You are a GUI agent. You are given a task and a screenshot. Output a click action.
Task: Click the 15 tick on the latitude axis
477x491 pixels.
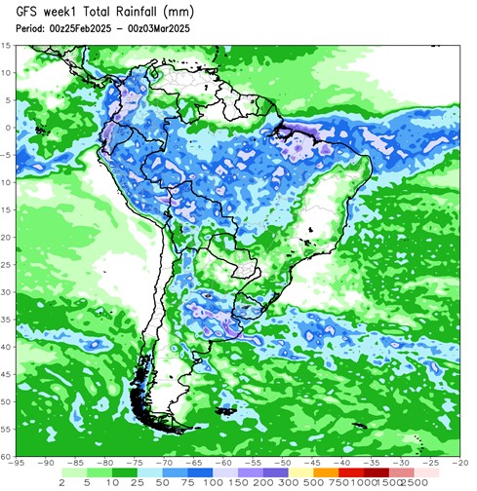[x=7, y=46]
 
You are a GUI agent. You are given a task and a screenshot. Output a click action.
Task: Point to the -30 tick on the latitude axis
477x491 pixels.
[x=6, y=291]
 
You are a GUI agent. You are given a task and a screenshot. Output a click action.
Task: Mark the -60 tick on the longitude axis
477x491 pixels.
[x=223, y=464]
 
